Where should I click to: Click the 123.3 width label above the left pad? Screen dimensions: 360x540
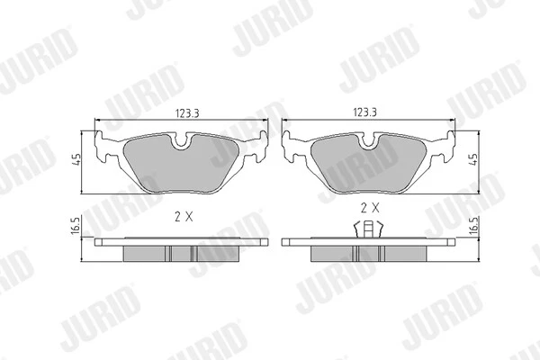182,113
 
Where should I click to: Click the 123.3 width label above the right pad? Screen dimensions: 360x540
364,113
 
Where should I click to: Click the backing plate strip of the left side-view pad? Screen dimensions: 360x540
180,242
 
